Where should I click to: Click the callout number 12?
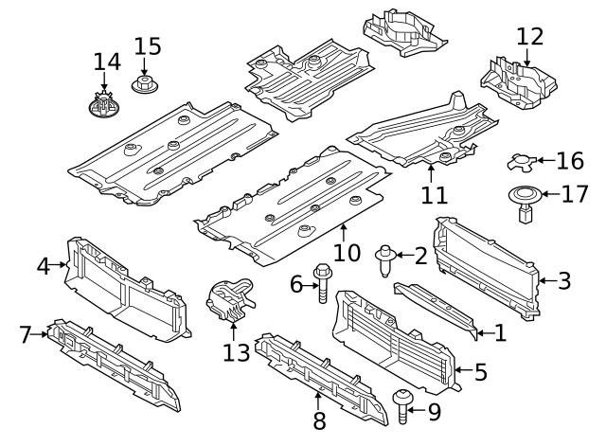coord(530,37)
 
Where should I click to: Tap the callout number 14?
coord(107,62)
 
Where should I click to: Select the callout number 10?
coord(348,253)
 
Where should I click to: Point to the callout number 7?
coord(25,332)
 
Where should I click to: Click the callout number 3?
coord(563,279)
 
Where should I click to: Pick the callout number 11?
coord(433,196)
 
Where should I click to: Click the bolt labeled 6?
coord(321,283)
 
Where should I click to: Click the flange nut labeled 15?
coord(145,87)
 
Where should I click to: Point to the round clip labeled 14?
coord(104,105)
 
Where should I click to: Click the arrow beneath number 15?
coord(145,67)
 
